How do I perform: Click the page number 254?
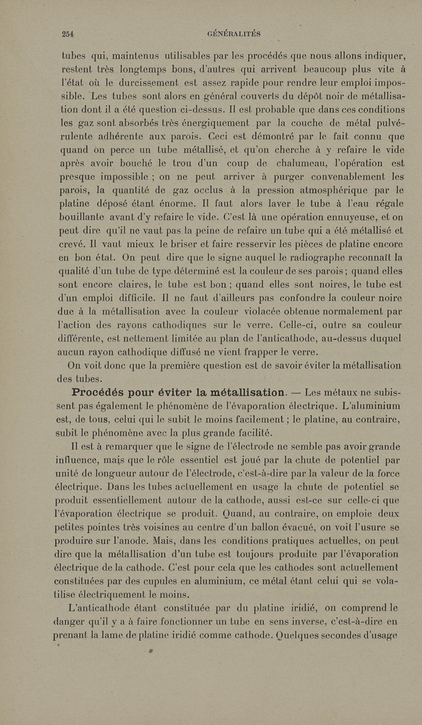click(68, 34)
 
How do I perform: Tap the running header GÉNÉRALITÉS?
click(234, 34)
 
